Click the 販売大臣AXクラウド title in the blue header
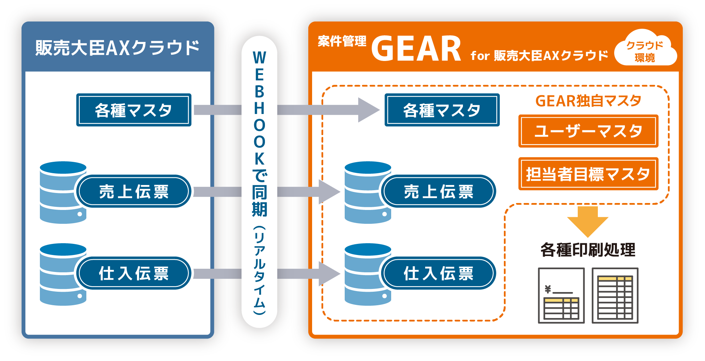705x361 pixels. [117, 48]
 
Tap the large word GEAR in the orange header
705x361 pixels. [416, 49]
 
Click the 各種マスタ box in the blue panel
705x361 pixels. [134, 110]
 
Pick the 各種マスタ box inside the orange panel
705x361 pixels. [442, 110]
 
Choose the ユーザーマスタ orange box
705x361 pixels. [588, 131]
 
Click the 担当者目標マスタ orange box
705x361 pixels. [588, 174]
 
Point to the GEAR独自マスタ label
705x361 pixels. [588, 101]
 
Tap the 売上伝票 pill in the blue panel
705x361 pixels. [134, 191]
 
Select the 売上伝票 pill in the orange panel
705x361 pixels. [438, 191]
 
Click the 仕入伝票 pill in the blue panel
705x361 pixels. [134, 273]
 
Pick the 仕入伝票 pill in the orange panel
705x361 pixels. [438, 273]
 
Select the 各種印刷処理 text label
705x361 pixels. [588, 249]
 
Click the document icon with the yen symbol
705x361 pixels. [561, 295]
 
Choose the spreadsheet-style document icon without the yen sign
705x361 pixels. [615, 295]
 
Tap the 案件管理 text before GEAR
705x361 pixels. [342, 41]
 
